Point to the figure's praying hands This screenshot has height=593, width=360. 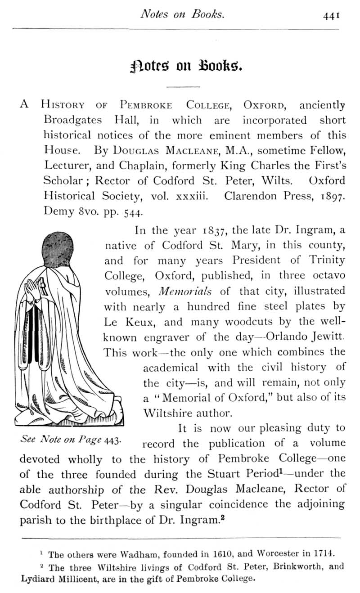tap(34, 288)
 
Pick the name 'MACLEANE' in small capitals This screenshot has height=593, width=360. tap(192, 150)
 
